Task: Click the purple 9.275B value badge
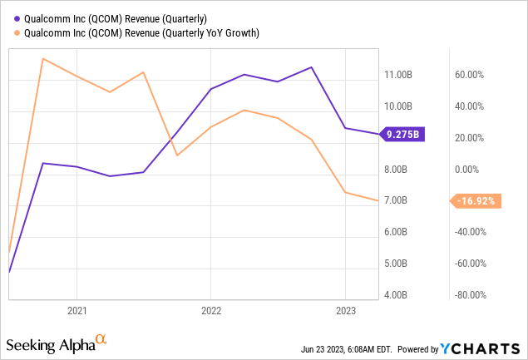pos(402,134)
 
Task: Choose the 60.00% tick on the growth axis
pos(468,75)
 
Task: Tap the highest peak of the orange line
pos(43,58)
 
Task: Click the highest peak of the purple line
pos(311,67)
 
